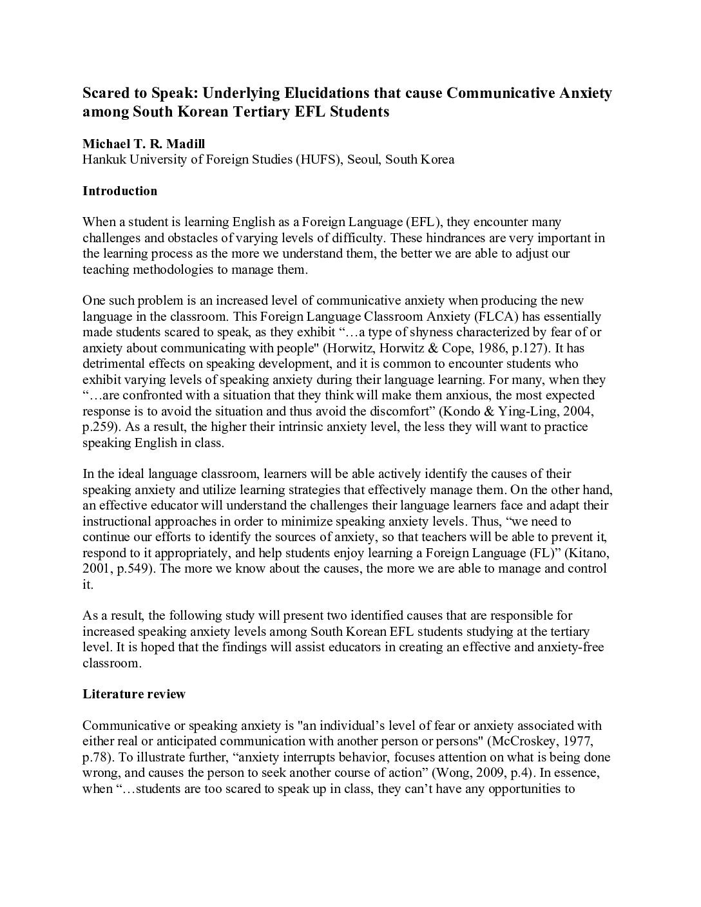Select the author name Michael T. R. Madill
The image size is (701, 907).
point(144,144)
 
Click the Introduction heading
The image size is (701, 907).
point(120,191)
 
